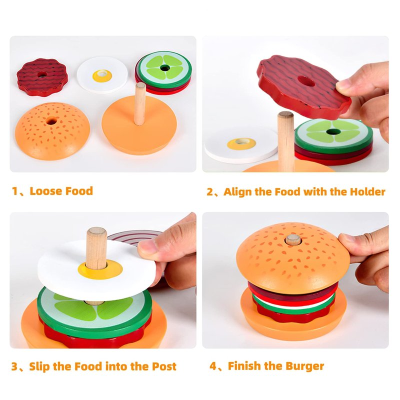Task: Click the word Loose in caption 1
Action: pos(45,191)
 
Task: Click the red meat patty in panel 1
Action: pos(42,77)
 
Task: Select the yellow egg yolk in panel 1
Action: pos(102,76)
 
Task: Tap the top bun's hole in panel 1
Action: pos(51,121)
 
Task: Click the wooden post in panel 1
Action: pos(140,103)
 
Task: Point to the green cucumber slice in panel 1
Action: pos(165,69)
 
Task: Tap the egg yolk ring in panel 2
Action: pos(241,143)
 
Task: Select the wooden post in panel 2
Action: pos(285,141)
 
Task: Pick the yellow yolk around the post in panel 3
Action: pos(100,269)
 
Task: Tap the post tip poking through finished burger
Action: pos(293,240)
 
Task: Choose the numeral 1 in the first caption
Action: pos(14,191)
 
